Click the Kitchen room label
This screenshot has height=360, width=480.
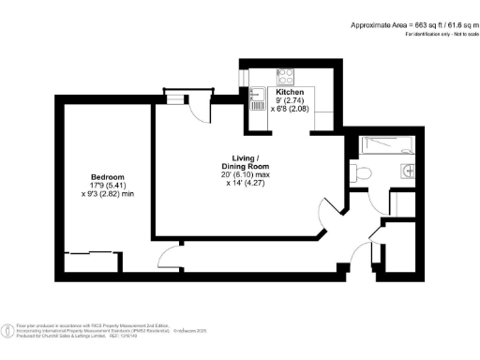pyautogui.click(x=290, y=93)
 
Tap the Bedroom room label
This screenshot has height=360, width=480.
pyautogui.click(x=107, y=177)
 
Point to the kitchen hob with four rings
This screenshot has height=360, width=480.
pyautogui.click(x=285, y=76)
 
